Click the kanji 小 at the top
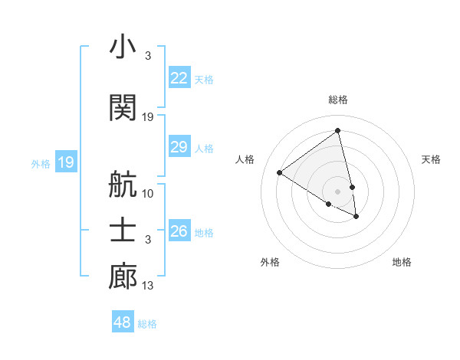pos(123,47)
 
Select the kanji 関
pos(123,106)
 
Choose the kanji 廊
pos(123,277)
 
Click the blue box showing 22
pos(179,77)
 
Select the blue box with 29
pos(179,147)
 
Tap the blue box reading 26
pos(179,231)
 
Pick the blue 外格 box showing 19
pos(66,162)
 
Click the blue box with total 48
pos(123,322)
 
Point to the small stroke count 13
pos(148,286)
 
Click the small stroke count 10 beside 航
pos(148,193)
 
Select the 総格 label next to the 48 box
pos(147,324)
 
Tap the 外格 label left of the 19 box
pos(41,163)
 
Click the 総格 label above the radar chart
pos(338,100)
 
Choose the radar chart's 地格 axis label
pos(402,262)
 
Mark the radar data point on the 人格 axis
pos(280,172)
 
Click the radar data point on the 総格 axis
pos(338,130)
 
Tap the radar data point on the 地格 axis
pos(356,217)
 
